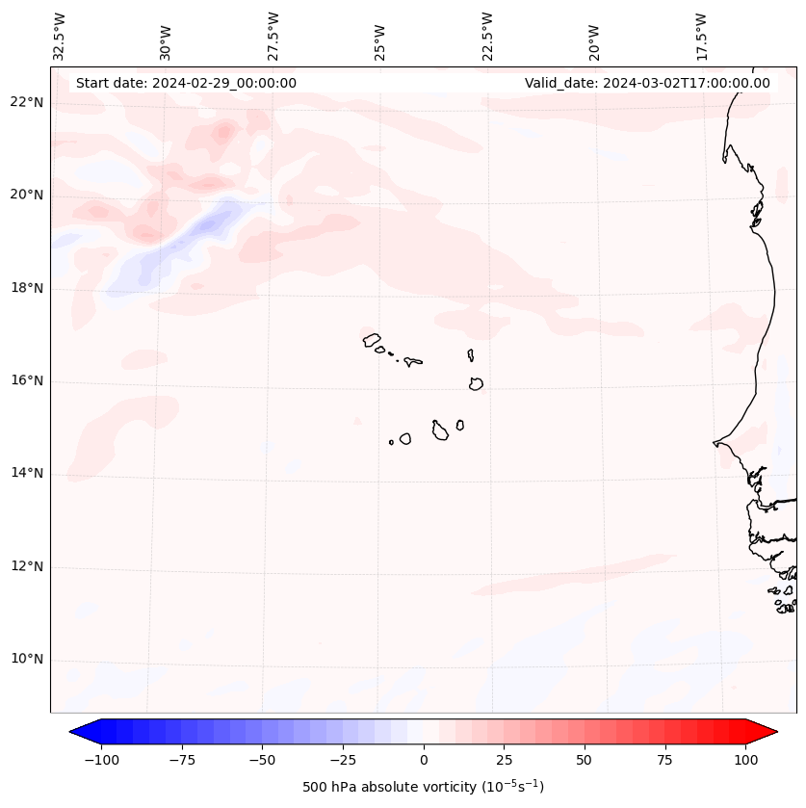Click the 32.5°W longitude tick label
[60, 36]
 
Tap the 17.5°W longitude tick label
[701, 36]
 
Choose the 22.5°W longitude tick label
[487, 36]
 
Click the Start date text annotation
[186, 83]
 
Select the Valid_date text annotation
[647, 83]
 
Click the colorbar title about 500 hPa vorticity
[423, 787]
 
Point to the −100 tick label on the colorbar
[100, 760]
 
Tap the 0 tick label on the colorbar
[424, 760]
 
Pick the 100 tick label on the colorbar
[745, 760]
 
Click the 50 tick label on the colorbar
[585, 760]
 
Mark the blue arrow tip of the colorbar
[78, 732]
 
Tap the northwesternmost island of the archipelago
[372, 339]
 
